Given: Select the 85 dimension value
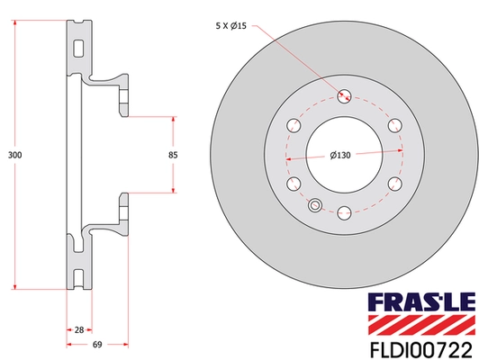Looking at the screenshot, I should [x=172, y=156].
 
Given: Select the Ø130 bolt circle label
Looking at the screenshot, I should [x=340, y=157].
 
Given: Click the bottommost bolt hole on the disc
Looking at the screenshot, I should [x=343, y=213].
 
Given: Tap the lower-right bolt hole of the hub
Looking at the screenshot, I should [x=393, y=184].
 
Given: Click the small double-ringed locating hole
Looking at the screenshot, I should [x=315, y=205].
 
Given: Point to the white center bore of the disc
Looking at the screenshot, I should [x=343, y=156].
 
